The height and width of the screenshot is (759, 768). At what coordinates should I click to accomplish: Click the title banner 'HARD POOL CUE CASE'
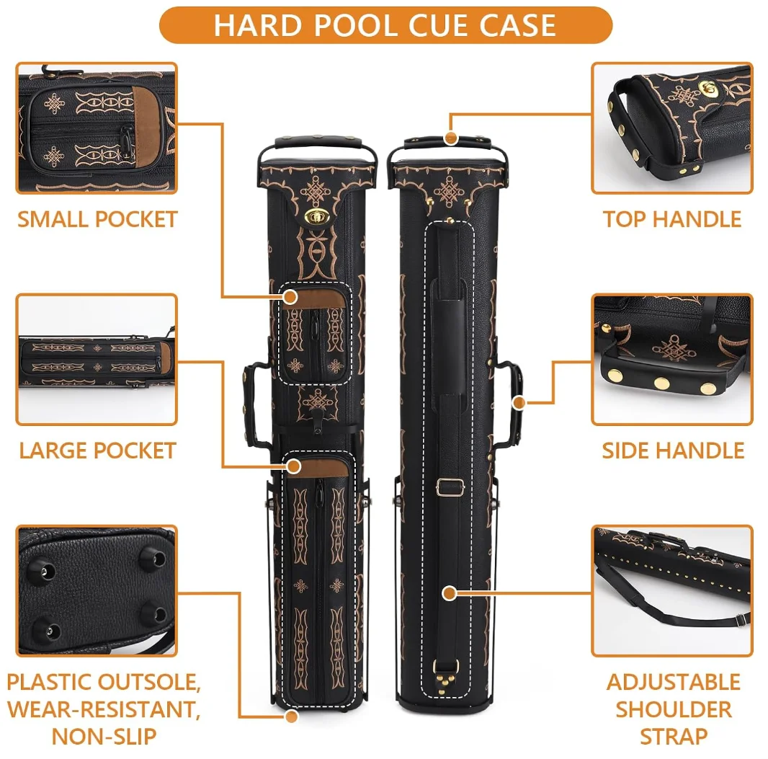pos(385,25)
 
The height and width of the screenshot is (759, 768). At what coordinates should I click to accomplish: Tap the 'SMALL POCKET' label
pos(97,219)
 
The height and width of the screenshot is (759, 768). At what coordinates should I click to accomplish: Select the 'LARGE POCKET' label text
pos(97,451)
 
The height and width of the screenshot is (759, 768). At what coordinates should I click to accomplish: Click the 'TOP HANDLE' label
pos(672,219)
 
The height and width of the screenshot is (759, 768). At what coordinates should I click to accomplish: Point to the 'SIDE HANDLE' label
pos(673,451)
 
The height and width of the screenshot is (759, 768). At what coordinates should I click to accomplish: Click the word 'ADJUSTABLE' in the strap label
pos(673,682)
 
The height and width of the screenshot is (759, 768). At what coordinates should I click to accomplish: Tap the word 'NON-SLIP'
pos(104,737)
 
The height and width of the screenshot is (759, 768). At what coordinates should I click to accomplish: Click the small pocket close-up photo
pos(97,128)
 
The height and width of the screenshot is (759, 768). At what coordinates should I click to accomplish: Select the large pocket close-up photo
pos(97,360)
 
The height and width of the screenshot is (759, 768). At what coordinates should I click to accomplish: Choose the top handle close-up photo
pos(672,128)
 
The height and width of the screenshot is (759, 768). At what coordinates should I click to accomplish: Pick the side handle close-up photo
pos(672,360)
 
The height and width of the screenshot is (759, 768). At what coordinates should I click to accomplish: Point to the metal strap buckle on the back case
pos(450,487)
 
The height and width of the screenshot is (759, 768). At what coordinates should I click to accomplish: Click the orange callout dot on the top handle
pos(451,137)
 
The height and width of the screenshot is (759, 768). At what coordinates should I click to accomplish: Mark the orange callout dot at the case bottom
pos(291,716)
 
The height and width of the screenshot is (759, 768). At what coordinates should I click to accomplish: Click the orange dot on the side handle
pos(518,402)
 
